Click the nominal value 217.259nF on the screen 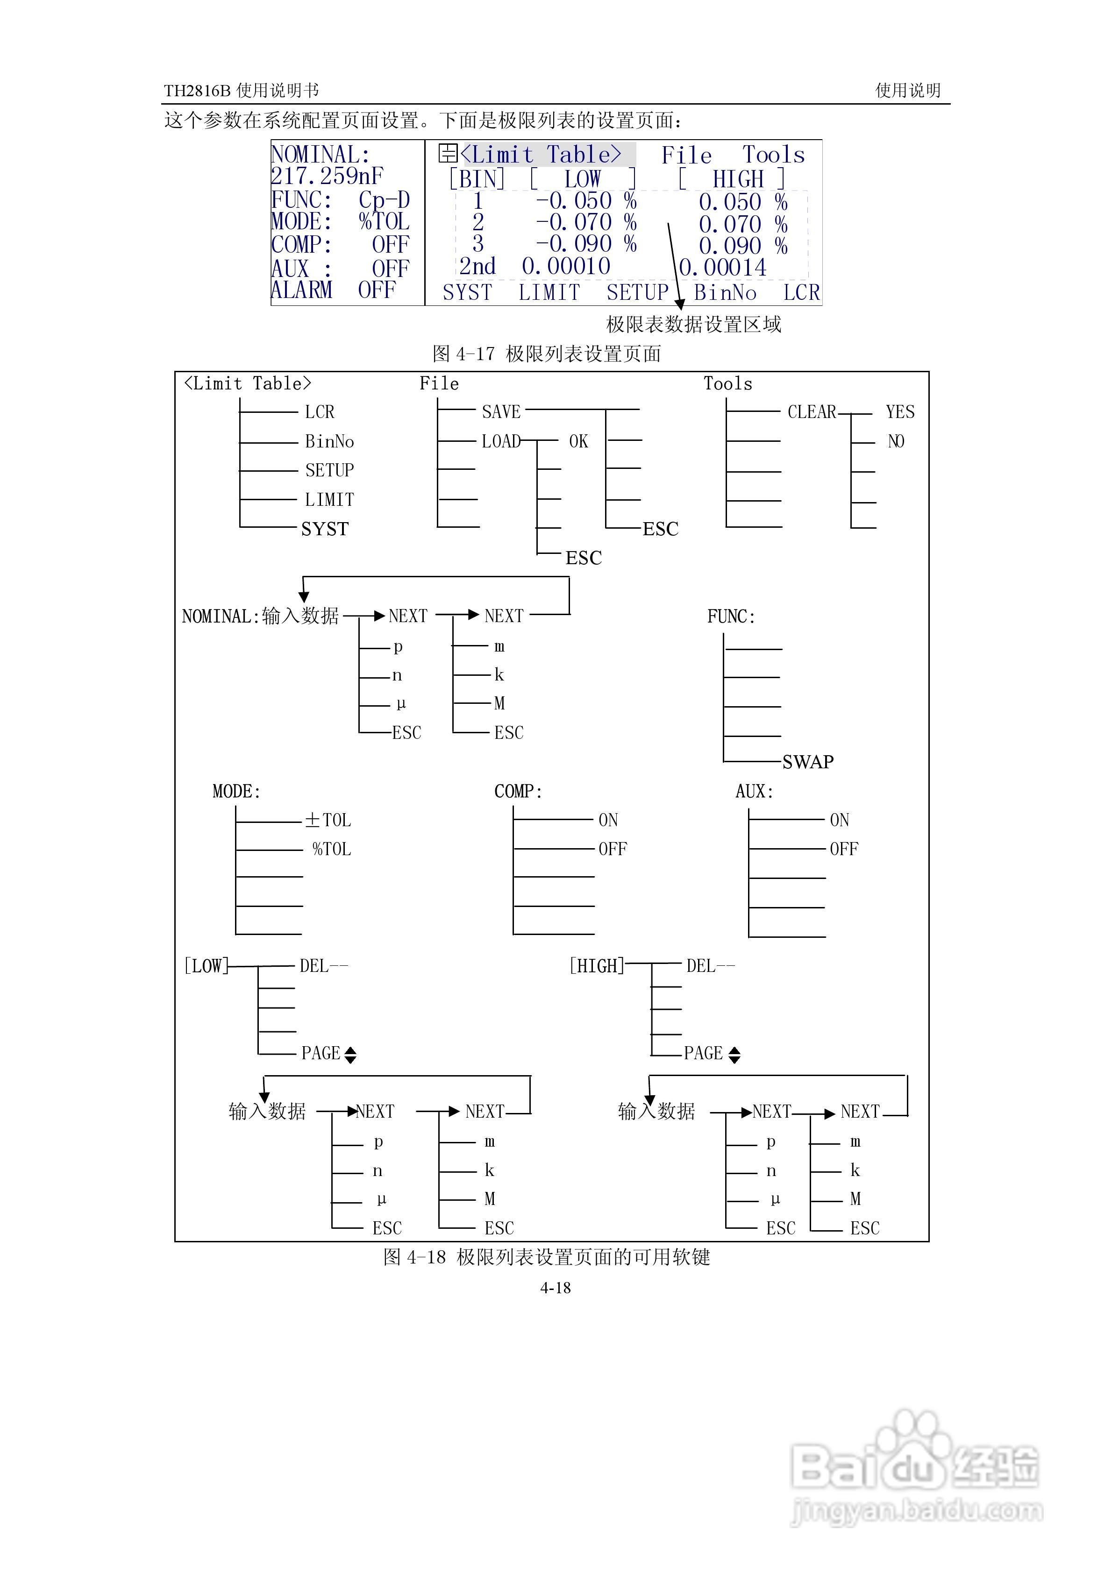[327, 177]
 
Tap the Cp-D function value [384, 200]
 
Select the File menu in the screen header [686, 156]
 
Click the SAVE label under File [501, 412]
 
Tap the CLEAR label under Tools [812, 412]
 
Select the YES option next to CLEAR [899, 412]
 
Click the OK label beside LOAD [578, 441]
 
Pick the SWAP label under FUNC [808, 762]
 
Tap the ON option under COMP [608, 820]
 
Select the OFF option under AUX [843, 849]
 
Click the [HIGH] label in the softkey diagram [597, 966]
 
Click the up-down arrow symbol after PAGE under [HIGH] [734, 1055]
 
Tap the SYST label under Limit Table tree [325, 529]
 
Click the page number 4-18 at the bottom [556, 1288]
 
